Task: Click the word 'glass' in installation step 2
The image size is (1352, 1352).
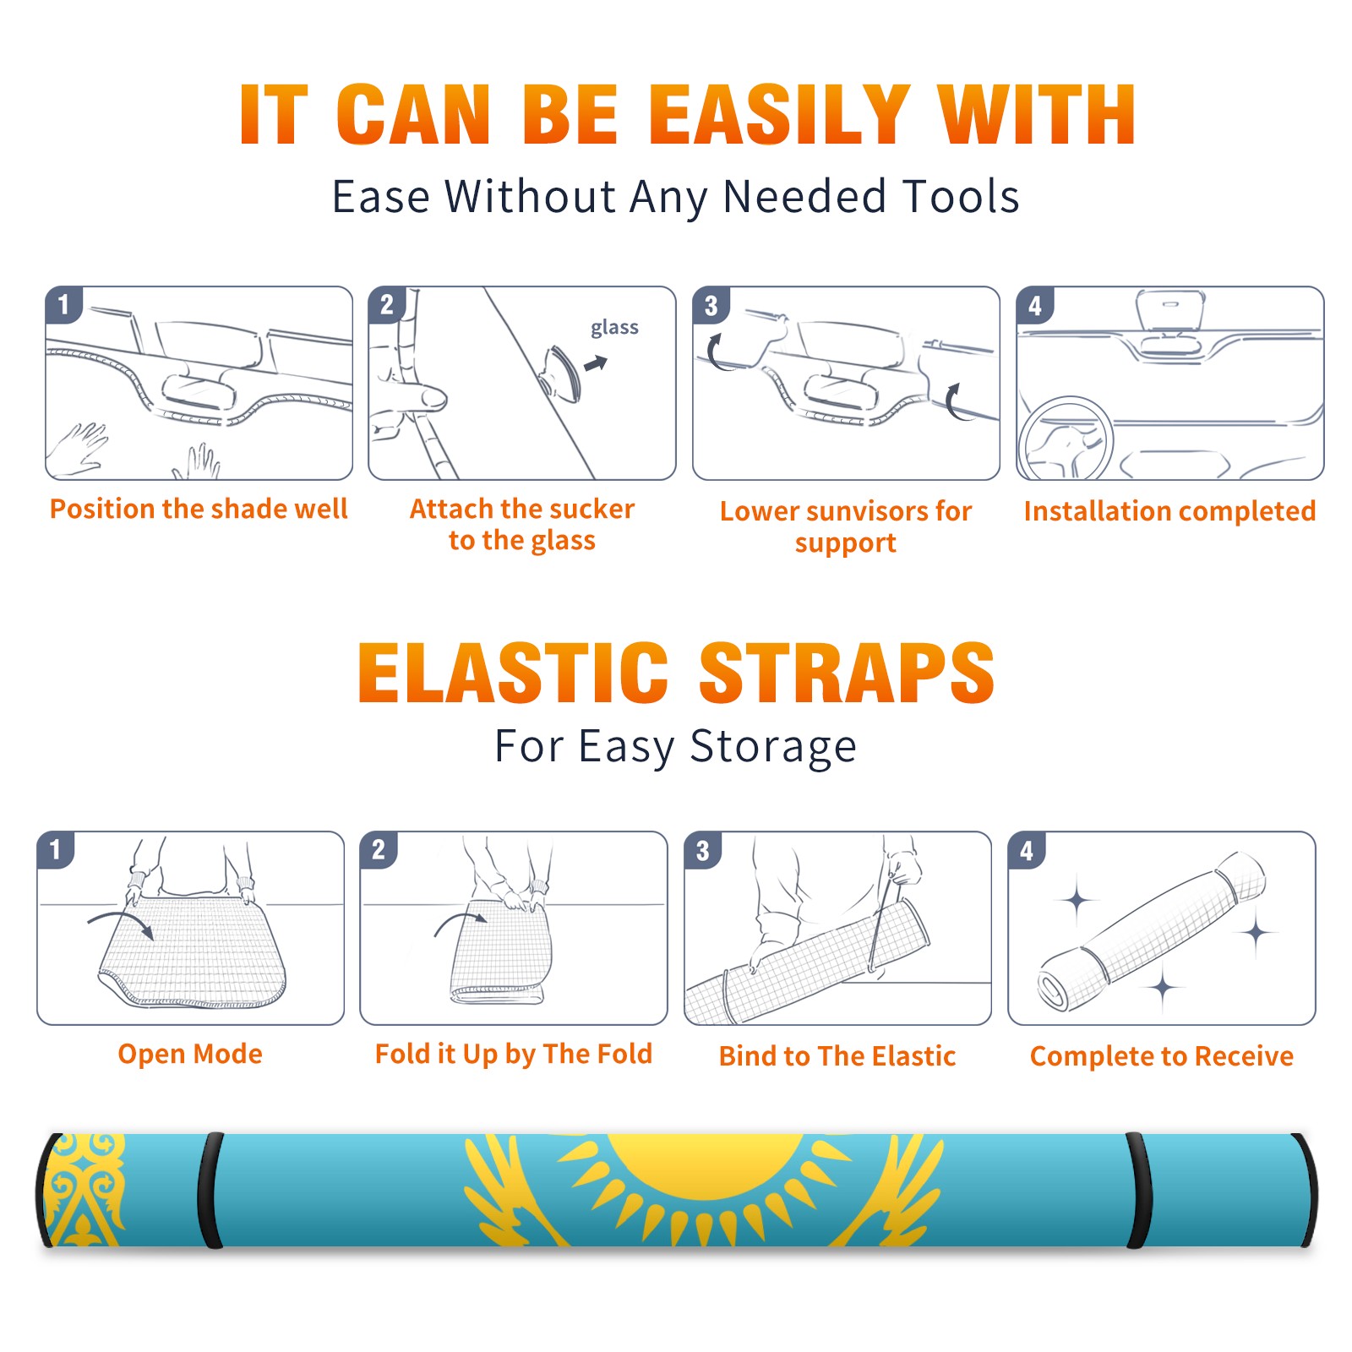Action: pos(614,329)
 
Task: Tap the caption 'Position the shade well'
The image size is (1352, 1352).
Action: pos(199,509)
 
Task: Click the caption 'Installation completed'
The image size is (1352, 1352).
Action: pos(1169,511)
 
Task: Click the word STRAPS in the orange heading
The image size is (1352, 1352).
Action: pos(847,673)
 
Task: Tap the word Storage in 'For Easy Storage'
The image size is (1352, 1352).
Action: pos(773,747)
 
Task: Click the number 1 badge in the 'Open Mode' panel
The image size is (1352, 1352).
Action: pos(56,849)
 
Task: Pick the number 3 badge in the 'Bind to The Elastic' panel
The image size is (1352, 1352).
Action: pos(703,850)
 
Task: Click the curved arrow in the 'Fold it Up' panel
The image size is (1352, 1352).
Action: pos(461,923)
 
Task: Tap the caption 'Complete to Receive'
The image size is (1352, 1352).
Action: pos(1162,1056)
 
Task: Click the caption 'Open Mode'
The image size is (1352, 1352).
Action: pos(190,1054)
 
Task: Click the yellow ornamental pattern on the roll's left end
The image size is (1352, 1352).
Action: pos(84,1190)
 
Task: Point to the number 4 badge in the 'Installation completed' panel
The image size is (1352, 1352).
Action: pos(1035,305)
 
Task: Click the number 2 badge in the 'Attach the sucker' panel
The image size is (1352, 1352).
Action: pos(387,304)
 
